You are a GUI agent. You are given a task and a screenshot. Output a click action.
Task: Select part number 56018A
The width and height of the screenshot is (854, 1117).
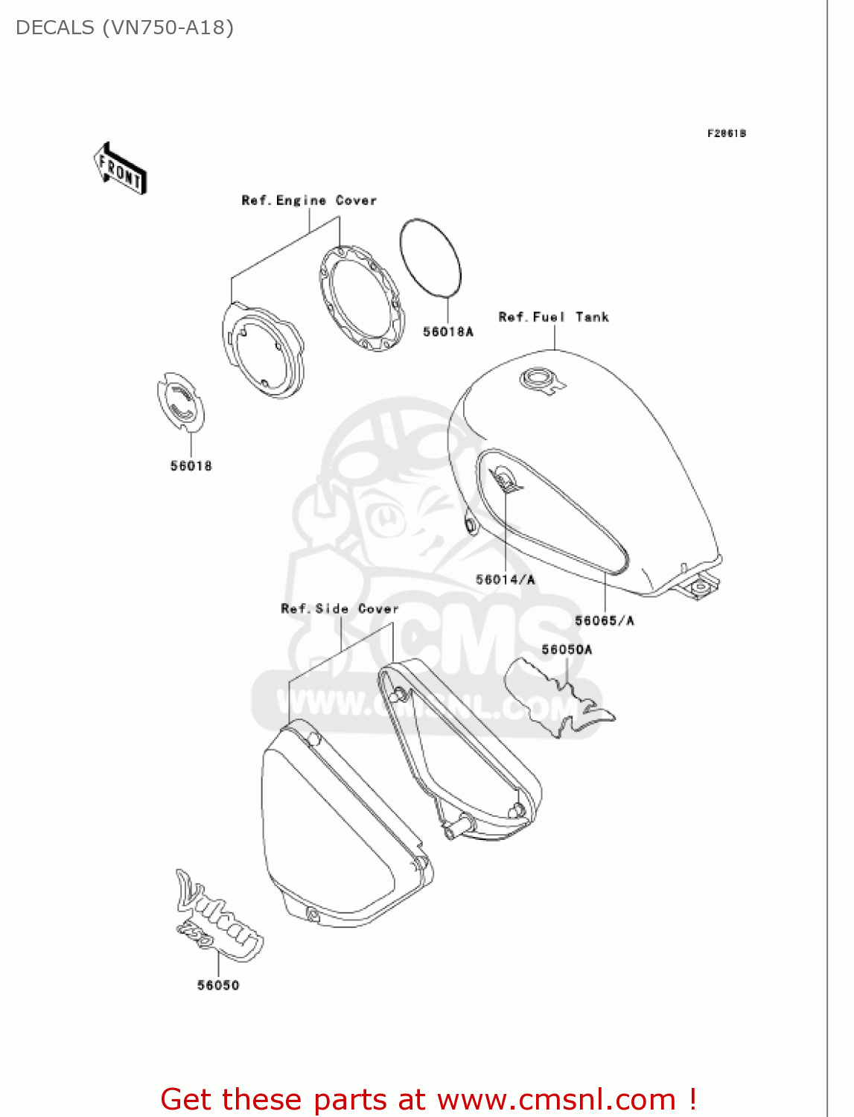click(x=448, y=331)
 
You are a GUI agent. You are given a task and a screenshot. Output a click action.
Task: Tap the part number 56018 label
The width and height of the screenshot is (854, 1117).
click(x=191, y=466)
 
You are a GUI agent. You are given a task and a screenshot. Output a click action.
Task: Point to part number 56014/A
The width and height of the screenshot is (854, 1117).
click(x=506, y=579)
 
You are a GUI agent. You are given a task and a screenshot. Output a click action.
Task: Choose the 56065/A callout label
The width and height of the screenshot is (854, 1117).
click(x=605, y=620)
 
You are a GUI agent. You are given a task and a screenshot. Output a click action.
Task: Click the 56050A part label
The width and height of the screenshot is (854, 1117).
click(x=567, y=649)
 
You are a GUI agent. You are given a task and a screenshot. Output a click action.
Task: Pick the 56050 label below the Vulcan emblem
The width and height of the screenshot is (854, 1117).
click(x=218, y=985)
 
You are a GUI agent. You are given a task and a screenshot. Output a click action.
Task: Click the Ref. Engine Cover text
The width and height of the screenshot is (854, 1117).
click(x=309, y=200)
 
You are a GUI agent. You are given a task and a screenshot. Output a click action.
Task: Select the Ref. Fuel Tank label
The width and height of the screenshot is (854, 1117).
click(x=554, y=317)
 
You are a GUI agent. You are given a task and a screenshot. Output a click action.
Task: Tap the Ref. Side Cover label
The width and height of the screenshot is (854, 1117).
click(x=340, y=608)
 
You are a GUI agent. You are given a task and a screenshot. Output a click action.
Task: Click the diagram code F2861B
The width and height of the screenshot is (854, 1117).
click(x=727, y=133)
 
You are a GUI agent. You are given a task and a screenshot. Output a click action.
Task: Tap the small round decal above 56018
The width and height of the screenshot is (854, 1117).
click(x=181, y=403)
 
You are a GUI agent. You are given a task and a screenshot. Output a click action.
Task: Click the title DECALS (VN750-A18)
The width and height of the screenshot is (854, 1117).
click(x=124, y=28)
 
